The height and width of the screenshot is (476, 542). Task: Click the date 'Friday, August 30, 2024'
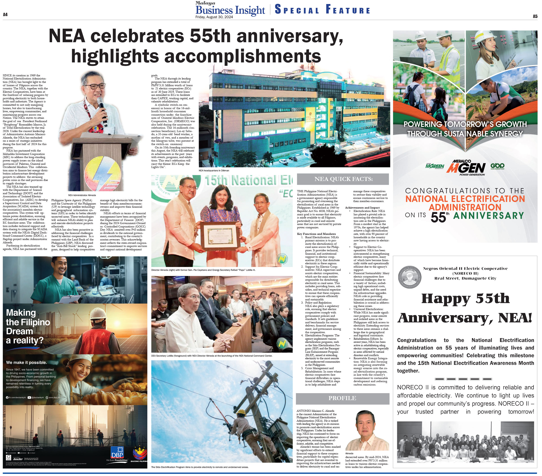[x=214, y=17]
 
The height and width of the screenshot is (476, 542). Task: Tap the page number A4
[x=5, y=15]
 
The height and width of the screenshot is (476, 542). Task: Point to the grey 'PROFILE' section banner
[x=342, y=398]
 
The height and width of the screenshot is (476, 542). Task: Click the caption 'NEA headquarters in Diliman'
[x=214, y=170]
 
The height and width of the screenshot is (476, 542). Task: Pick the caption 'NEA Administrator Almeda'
[x=82, y=195]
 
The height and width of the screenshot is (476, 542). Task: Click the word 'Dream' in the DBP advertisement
[x=19, y=331]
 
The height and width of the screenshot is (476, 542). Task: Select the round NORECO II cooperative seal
[x=410, y=277]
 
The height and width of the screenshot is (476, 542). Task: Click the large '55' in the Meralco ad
[x=438, y=217]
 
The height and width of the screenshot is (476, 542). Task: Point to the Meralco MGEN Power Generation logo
[x=466, y=167]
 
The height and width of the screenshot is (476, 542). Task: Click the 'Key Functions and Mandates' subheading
[x=316, y=234]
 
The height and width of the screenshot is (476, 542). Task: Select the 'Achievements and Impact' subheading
[x=362, y=208]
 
